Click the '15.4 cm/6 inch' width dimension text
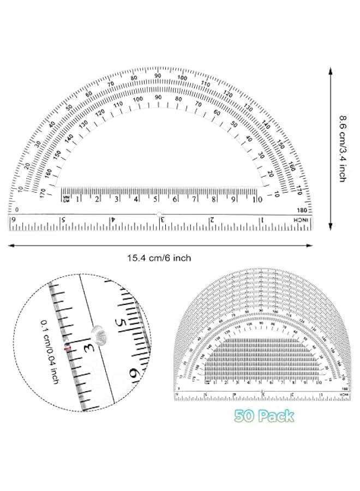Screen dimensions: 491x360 click(x=159, y=258)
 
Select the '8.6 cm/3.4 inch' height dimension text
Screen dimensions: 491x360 click(x=342, y=148)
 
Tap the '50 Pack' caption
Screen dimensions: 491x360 click(x=265, y=416)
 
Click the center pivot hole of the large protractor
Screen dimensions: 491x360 click(x=159, y=214)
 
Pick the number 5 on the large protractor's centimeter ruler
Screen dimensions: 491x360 click(x=156, y=199)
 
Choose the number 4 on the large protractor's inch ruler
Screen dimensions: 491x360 click(x=113, y=220)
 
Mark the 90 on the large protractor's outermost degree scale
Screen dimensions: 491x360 click(x=158, y=76)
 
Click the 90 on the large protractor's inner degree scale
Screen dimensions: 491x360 click(x=158, y=97)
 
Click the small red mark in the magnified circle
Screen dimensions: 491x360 click(x=68, y=348)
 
